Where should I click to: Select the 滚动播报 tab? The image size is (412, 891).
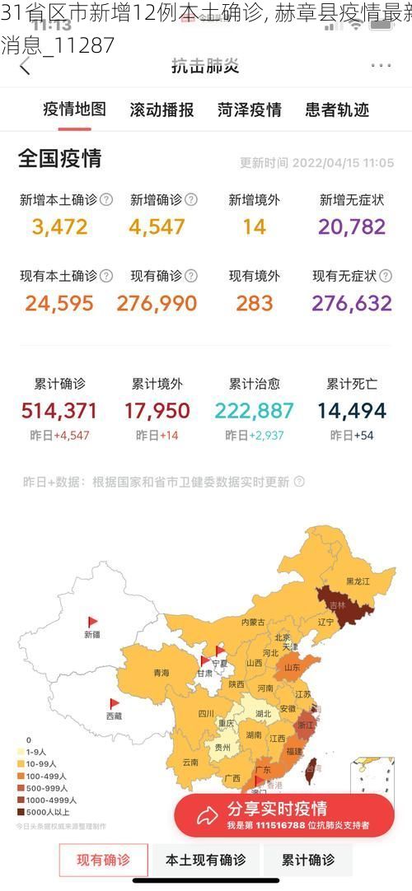pyautogui.click(x=162, y=110)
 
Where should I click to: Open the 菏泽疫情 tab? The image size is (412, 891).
pyautogui.click(x=250, y=110)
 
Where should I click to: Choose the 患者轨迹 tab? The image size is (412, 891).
pyautogui.click(x=336, y=110)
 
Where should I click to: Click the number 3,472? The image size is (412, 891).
pyautogui.click(x=59, y=226)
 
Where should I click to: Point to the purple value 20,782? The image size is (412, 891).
pyautogui.click(x=351, y=226)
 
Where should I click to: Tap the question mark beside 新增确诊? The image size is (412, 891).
pyautogui.click(x=191, y=200)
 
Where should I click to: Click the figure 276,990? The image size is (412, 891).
pyautogui.click(x=157, y=304)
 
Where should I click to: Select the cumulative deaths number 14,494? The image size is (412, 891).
pyautogui.click(x=352, y=411)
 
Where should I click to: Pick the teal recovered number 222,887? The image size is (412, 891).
pyautogui.click(x=254, y=411)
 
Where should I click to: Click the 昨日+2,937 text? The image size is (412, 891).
pyautogui.click(x=254, y=436)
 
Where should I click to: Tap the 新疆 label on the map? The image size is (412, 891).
pyautogui.click(x=92, y=634)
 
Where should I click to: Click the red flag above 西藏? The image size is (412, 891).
pyautogui.click(x=115, y=704)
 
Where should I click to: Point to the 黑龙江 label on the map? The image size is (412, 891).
pyautogui.click(x=357, y=581)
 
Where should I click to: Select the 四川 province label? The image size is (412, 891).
pyautogui.click(x=206, y=713)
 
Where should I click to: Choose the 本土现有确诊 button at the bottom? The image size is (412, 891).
pyautogui.click(x=206, y=861)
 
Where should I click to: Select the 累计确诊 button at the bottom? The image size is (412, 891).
pyautogui.click(x=308, y=861)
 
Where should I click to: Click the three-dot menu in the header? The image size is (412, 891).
pyautogui.click(x=381, y=66)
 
